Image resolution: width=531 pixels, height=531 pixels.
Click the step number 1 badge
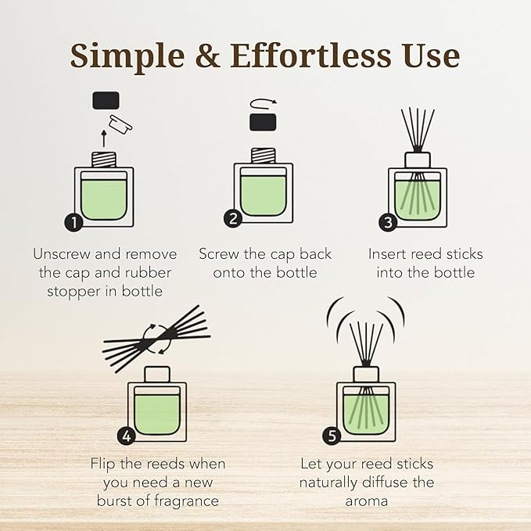pyautogui.click(x=74, y=222)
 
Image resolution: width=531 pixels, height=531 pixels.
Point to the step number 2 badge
pyautogui.click(x=232, y=219)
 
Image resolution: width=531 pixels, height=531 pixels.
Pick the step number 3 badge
pyautogui.click(x=388, y=223)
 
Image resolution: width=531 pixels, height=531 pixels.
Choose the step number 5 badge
pyautogui.click(x=332, y=435)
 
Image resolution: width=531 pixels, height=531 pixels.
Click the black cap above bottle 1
pyautogui.click(x=106, y=100)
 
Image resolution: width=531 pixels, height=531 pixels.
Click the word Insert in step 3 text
pyautogui.click(x=389, y=254)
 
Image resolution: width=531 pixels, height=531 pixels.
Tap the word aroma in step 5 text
pyautogui.click(x=367, y=500)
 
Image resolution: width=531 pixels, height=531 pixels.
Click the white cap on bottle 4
pyautogui.click(x=157, y=375)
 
